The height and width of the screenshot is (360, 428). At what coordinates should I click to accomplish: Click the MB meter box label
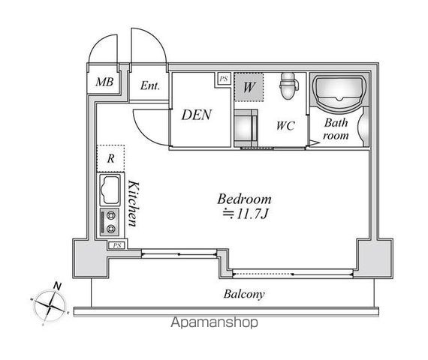click(x=104, y=82)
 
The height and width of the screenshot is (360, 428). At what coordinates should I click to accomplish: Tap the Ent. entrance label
click(x=150, y=85)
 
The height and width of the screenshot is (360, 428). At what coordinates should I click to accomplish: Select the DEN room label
click(x=196, y=115)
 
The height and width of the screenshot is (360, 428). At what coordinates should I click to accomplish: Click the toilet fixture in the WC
click(x=288, y=85)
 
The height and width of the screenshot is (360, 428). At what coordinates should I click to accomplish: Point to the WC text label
click(x=285, y=125)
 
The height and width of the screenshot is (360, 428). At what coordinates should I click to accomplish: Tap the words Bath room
click(x=336, y=129)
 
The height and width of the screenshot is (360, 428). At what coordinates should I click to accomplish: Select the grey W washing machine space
click(x=249, y=87)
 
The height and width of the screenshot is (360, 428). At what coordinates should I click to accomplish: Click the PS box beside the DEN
click(x=224, y=79)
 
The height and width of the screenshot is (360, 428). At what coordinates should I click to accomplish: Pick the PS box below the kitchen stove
click(x=117, y=245)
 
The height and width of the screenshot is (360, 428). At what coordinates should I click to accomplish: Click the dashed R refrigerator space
click(x=110, y=158)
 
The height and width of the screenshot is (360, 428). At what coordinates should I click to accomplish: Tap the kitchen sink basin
click(x=110, y=190)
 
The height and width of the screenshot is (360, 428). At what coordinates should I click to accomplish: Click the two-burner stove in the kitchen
click(x=110, y=222)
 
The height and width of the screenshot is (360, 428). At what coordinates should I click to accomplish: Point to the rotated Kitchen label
click(x=134, y=203)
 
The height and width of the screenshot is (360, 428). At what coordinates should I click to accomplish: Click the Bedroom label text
click(x=244, y=199)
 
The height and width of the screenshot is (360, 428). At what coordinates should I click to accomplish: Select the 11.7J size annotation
click(x=246, y=214)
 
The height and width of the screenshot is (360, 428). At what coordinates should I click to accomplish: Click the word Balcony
click(x=244, y=294)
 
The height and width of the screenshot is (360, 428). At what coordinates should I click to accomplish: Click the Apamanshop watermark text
click(x=214, y=322)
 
